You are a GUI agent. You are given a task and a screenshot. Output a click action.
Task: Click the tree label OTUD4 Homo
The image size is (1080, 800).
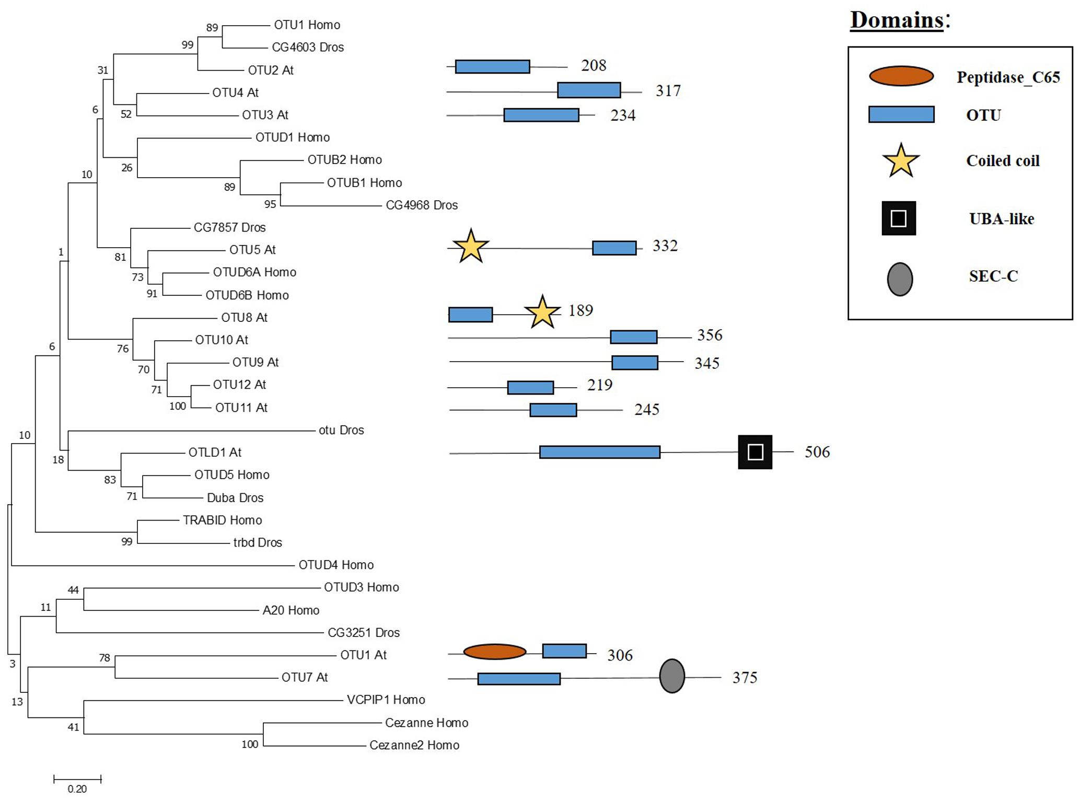pyautogui.click(x=336, y=565)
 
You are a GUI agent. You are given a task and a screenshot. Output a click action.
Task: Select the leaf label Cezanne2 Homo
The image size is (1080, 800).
pyautogui.click(x=414, y=745)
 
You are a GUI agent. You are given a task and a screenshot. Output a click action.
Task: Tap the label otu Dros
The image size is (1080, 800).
pyautogui.click(x=341, y=430)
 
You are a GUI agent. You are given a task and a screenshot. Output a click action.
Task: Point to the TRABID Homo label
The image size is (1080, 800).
pyautogui.click(x=222, y=520)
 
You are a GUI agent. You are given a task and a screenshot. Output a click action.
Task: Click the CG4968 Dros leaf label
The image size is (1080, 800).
pyautogui.click(x=422, y=205)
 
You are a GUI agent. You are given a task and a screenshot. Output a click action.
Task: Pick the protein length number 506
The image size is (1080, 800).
pyautogui.click(x=817, y=452)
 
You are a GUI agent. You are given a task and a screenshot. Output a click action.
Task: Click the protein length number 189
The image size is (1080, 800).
pyautogui.click(x=580, y=310)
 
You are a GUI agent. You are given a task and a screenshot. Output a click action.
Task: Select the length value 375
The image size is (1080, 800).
pyautogui.click(x=745, y=678)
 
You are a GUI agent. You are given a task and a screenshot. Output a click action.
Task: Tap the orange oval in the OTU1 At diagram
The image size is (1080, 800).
pyautogui.click(x=494, y=652)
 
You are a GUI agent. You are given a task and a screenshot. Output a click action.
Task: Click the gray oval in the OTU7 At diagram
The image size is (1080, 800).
pyautogui.click(x=672, y=676)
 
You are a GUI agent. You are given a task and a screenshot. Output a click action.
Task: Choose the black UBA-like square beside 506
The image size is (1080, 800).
pyautogui.click(x=755, y=452)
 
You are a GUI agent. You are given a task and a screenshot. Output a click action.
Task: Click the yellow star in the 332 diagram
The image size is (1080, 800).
pyautogui.click(x=471, y=247)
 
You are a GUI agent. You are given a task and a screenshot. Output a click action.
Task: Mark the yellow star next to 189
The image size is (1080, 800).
pyautogui.click(x=542, y=312)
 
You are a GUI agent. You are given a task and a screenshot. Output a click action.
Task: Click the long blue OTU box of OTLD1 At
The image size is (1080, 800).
pyautogui.click(x=599, y=452)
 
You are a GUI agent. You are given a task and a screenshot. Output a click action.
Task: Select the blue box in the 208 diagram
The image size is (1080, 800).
pyautogui.click(x=492, y=66)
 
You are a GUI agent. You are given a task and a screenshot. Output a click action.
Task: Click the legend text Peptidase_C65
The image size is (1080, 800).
pyautogui.click(x=1008, y=77)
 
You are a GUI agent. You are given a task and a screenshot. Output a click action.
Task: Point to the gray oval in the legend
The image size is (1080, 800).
pyautogui.click(x=900, y=280)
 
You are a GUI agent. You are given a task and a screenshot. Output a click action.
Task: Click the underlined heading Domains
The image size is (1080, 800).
pyautogui.click(x=897, y=20)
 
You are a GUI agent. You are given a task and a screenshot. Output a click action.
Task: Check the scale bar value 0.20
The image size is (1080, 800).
pyautogui.click(x=77, y=789)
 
